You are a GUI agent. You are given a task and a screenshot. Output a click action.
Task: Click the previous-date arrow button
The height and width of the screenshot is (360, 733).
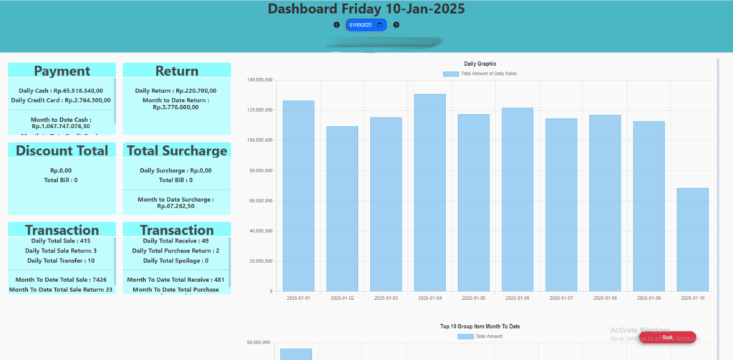336,25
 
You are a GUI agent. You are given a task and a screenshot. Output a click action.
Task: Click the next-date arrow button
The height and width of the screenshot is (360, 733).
396,25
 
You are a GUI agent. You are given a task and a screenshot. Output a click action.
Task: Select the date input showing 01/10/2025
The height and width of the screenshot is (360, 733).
365,25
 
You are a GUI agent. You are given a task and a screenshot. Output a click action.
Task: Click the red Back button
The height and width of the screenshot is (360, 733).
667,337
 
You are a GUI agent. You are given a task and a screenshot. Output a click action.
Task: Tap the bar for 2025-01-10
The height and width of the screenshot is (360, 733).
693,239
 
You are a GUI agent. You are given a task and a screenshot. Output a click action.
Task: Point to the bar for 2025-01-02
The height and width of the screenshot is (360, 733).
342,208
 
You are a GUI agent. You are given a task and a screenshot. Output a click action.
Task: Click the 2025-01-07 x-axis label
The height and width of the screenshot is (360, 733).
561,298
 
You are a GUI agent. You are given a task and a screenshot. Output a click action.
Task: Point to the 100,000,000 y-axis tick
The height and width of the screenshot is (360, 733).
259,140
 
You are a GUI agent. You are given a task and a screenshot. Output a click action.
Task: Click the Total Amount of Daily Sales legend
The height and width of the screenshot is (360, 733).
480,74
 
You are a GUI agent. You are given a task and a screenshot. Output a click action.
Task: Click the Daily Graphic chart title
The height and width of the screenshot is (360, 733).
480,64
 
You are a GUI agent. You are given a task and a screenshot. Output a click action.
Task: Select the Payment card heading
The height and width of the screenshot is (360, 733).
62,71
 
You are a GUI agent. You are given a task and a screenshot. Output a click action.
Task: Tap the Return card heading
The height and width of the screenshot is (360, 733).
177,71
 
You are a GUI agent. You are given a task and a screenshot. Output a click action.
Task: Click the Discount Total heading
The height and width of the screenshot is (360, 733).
62,151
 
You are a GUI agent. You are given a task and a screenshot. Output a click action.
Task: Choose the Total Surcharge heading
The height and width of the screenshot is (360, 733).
177,151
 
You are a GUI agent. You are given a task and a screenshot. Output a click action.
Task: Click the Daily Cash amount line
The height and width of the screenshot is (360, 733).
62,91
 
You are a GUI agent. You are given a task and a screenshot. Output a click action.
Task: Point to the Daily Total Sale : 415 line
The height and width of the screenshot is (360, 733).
61,241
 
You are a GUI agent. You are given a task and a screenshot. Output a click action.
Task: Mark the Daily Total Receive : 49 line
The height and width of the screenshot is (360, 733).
176,241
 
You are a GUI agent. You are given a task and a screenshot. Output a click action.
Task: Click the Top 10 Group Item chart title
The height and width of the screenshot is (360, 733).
480,326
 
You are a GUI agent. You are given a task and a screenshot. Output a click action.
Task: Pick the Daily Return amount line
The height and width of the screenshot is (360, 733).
176,91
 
